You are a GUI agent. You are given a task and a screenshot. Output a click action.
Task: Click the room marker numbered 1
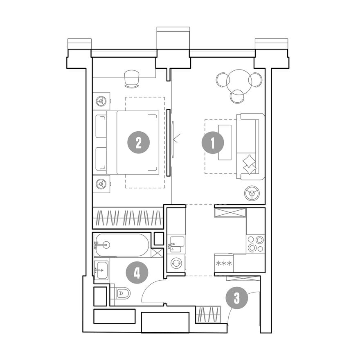click(213, 143)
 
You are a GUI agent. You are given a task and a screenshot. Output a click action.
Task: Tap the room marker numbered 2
click(138, 143)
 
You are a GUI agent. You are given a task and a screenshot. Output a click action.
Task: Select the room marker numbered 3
click(237, 298)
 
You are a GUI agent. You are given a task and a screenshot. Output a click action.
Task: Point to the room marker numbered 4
click(137, 273)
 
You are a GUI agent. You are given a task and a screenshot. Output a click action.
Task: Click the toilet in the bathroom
click(122, 293)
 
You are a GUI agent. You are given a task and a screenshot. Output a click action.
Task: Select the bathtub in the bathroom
click(123, 245)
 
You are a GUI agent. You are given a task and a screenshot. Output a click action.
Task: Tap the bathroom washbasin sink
click(101, 270)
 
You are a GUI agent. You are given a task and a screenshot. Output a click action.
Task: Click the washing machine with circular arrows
click(176, 263)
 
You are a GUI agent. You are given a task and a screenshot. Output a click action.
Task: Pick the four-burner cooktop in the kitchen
click(256, 244)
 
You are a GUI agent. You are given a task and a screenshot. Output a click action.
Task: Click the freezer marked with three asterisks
click(224, 263)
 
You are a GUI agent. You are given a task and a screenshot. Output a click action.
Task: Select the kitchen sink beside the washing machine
click(176, 244)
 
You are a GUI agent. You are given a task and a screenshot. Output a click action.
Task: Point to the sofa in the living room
click(250, 146)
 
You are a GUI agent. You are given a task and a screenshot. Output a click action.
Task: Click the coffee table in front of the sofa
click(225, 142)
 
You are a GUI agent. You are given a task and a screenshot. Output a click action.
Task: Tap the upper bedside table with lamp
click(101, 101)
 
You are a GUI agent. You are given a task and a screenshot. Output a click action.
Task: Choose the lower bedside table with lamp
click(101, 184)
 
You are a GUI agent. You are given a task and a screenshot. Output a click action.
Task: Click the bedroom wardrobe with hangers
click(127, 218)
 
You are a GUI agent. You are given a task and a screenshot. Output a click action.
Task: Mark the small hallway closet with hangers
click(208, 314)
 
